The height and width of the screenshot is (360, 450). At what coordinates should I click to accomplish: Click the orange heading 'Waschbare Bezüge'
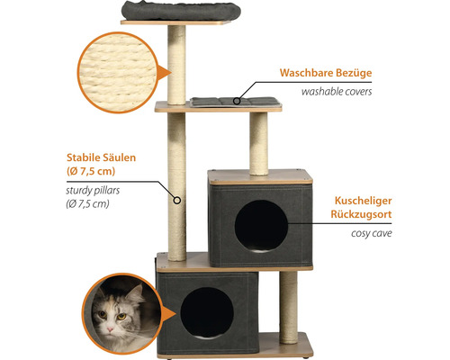[x=326, y=73]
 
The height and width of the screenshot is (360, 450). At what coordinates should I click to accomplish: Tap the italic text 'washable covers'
[x=337, y=92]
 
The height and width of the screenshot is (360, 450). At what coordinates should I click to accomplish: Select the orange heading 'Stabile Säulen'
[x=101, y=157]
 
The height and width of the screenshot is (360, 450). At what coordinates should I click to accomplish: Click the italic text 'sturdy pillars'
[x=93, y=191]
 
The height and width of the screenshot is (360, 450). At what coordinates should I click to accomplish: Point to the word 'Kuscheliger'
[x=363, y=201]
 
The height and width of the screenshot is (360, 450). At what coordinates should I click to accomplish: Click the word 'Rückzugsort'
[x=361, y=214]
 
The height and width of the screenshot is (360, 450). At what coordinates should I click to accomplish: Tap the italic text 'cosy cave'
[x=372, y=233]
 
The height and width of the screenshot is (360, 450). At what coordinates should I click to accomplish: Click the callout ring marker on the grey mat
[x=237, y=101]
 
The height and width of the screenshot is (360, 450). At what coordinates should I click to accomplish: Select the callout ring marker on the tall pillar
[x=177, y=200]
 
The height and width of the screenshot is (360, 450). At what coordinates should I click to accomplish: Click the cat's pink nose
[x=111, y=329]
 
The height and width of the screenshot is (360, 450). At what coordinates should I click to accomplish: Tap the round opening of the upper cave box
[x=261, y=226]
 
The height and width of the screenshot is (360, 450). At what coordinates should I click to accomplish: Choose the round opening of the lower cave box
[x=207, y=312]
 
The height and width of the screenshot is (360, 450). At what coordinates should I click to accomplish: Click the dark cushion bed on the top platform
[x=181, y=10]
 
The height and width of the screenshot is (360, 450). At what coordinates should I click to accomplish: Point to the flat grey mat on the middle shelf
[x=235, y=102]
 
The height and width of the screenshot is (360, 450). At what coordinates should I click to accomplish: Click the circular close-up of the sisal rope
[x=118, y=73]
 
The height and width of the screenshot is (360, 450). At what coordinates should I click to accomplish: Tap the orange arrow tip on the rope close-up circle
[x=171, y=73]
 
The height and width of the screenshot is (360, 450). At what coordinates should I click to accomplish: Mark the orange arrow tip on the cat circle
[x=175, y=314]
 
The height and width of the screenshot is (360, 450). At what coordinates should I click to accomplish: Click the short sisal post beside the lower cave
[x=289, y=308]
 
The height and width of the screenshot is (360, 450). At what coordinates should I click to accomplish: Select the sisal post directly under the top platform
[x=176, y=65]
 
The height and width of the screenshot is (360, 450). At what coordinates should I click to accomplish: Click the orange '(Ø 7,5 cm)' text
[x=91, y=171]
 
